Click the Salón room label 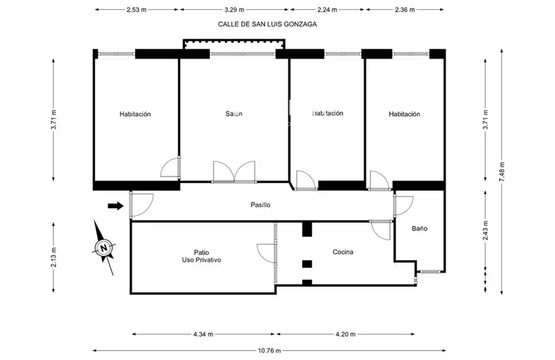pyautogui.click(x=234, y=114)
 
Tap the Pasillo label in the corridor pyautogui.click(x=261, y=205)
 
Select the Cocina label pyautogui.click(x=343, y=252)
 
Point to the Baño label pyautogui.click(x=419, y=228)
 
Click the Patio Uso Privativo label pyautogui.click(x=202, y=256)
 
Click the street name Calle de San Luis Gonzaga pyautogui.click(x=267, y=24)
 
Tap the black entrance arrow pyautogui.click(x=116, y=206)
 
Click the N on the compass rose pyautogui.click(x=104, y=248)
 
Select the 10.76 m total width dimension pyautogui.click(x=269, y=351)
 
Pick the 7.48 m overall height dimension pyautogui.click(x=502, y=171)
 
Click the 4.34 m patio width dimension pyautogui.click(x=203, y=334)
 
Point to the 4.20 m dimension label pyautogui.click(x=345, y=334)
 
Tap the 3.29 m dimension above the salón pyautogui.click(x=234, y=10)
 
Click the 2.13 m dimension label pyautogui.click(x=53, y=257)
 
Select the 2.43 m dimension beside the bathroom pyautogui.click(x=485, y=230)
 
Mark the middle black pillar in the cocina pyautogui.click(x=307, y=264)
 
